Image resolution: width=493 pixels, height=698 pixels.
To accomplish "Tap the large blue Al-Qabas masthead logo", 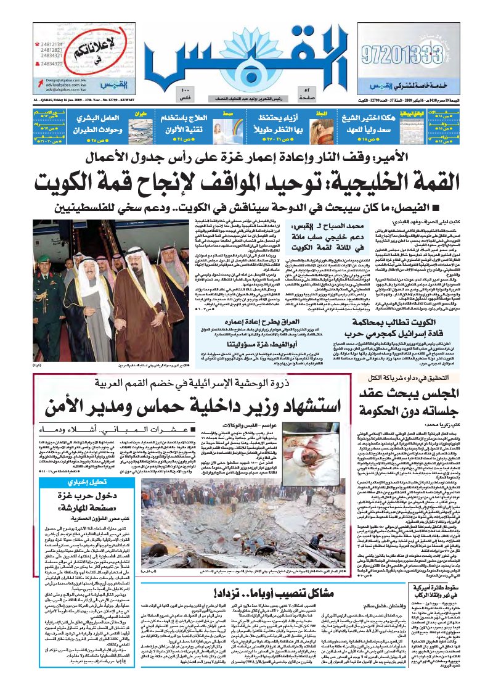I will (246, 52).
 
